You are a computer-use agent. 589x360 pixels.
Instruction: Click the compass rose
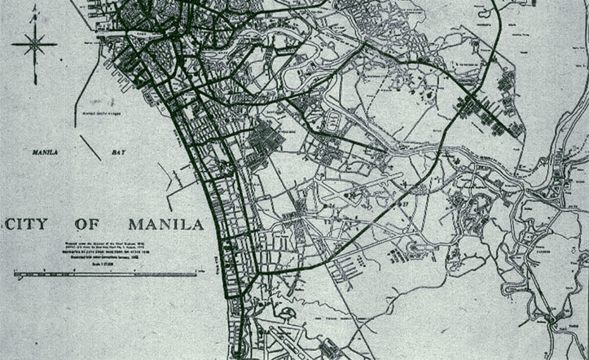34,45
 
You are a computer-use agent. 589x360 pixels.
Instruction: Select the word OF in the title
87,224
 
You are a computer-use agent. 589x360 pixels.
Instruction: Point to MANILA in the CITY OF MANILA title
165,224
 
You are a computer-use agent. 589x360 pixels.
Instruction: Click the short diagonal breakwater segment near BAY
90,147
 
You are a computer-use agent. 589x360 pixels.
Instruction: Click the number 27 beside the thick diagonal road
402,203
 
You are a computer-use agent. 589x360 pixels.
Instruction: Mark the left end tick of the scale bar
15,274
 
